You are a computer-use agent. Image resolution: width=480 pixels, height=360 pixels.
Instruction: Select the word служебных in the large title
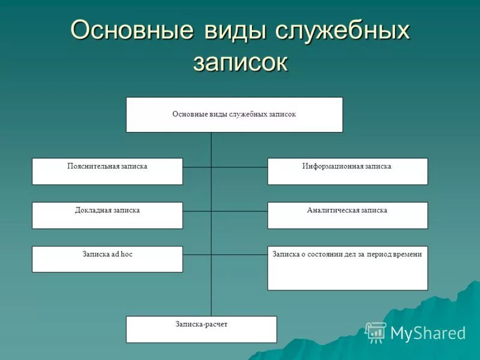click(342, 30)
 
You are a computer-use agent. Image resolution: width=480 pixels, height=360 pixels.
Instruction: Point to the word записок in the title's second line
click(240, 62)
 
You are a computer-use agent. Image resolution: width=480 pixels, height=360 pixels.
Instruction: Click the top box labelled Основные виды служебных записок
click(234, 114)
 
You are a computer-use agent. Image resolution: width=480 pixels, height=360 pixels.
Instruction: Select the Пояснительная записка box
click(107, 171)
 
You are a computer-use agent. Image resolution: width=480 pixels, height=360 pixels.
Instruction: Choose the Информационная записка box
click(347, 171)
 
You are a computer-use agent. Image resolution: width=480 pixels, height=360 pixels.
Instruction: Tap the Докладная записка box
click(107, 215)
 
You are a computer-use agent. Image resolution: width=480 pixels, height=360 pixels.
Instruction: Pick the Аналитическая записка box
click(347, 215)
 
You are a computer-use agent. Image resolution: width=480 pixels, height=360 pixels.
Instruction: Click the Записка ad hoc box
click(107, 259)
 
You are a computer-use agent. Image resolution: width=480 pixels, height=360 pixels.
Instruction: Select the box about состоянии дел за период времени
click(347, 268)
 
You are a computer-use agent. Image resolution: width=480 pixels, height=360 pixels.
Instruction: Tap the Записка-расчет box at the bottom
click(201, 329)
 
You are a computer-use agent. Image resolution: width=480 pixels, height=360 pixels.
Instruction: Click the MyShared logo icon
click(376, 332)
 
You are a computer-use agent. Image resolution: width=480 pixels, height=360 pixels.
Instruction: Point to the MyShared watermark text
click(428, 333)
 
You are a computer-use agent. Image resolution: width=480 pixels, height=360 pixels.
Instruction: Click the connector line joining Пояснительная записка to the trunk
click(197, 167)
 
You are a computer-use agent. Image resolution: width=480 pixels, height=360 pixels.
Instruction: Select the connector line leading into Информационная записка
click(239, 167)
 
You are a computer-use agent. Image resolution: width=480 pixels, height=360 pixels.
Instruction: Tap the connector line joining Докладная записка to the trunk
click(197, 211)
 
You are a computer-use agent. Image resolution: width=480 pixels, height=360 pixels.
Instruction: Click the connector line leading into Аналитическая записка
click(239, 211)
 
